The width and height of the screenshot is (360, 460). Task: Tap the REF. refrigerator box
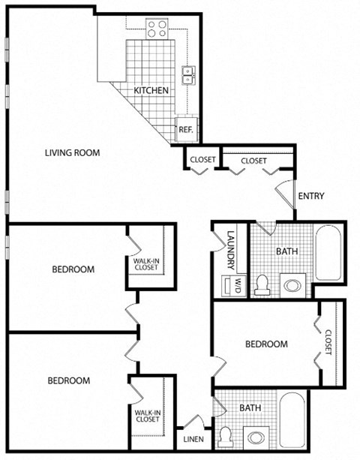pos(185,128)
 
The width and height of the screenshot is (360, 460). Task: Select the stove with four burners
pos(157,29)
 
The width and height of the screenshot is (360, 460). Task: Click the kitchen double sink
pos(188,74)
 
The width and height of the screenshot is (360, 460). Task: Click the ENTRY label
pos(311,197)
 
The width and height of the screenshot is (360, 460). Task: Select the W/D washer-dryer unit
pos(231,286)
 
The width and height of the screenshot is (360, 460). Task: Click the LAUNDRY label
pos(231,249)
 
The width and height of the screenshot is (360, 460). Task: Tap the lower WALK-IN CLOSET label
pos(147,415)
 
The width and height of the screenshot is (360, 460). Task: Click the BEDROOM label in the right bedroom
pos(267,344)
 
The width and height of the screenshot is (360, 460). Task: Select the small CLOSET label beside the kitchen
pos(202,160)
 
